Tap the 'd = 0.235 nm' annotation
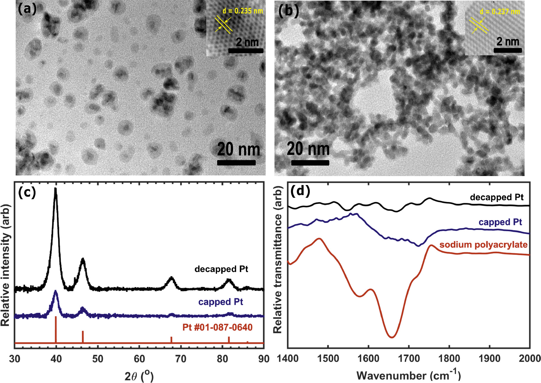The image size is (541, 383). (x=243, y=11)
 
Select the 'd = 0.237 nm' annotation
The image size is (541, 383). (x=500, y=12)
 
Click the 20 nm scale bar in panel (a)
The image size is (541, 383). (x=236, y=163)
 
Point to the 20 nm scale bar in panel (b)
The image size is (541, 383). (x=310, y=163)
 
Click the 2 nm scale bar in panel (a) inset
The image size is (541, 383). (x=246, y=51)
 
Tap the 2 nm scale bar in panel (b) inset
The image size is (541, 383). (x=508, y=50)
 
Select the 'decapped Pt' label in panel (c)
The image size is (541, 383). (x=221, y=269)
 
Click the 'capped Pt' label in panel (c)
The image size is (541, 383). (x=221, y=302)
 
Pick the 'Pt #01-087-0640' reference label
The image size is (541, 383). (x=217, y=327)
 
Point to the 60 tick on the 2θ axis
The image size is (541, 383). (x=139, y=359)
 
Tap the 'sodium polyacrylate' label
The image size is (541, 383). (x=483, y=245)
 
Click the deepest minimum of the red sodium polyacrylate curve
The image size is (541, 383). (x=392, y=337)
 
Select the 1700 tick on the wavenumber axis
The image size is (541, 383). (x=409, y=358)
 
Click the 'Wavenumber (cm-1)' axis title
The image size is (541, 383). (x=408, y=375)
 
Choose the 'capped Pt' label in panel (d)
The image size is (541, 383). (x=500, y=222)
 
